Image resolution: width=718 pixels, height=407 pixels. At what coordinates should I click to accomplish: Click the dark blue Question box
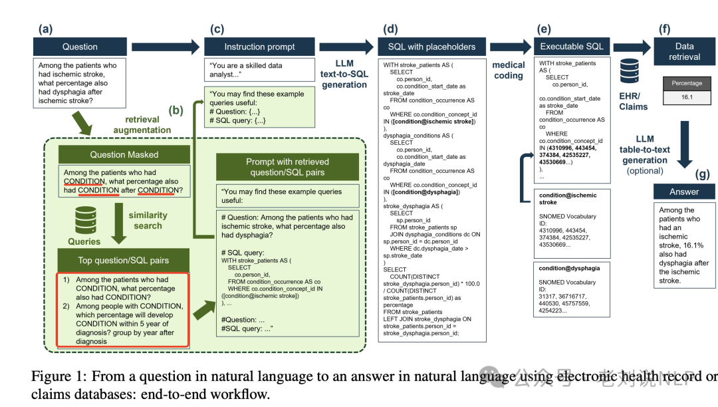[x=80, y=47]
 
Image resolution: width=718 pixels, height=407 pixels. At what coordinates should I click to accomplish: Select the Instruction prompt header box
[x=259, y=47]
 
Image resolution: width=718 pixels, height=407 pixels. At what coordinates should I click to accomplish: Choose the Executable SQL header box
[x=572, y=47]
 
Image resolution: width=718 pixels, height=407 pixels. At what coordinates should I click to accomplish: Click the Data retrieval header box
[x=685, y=51]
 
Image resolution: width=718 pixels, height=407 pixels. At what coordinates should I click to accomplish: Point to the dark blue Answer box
[x=684, y=192]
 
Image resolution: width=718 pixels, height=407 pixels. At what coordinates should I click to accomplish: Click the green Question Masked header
[x=125, y=154]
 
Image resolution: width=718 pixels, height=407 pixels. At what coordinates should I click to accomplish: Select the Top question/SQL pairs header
[x=125, y=260]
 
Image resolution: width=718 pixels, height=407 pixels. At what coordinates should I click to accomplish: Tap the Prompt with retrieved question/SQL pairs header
[x=287, y=167]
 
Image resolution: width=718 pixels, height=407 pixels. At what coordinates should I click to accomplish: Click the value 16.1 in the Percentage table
[x=687, y=96]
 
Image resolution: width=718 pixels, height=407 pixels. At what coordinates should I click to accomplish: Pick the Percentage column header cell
[x=687, y=83]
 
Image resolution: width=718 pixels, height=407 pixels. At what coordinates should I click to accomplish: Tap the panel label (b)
[x=176, y=110]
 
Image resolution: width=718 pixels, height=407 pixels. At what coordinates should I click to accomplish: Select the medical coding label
[x=508, y=70]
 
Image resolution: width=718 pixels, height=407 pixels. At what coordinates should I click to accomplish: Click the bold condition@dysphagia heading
[x=569, y=269]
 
